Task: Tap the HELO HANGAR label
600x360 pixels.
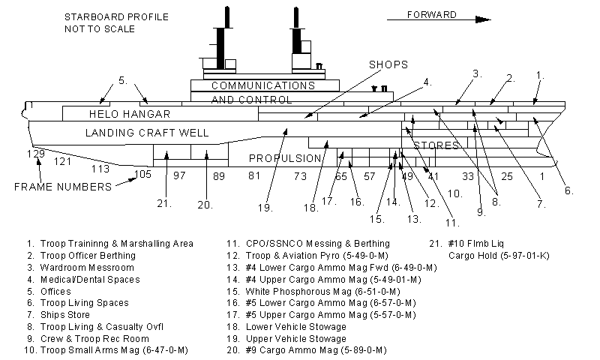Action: pyautogui.click(x=130, y=114)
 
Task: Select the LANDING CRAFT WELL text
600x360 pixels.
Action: pyautogui.click(x=146, y=133)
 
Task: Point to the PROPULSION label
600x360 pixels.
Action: pyautogui.click(x=285, y=158)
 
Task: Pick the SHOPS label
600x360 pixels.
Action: pyautogui.click(x=388, y=65)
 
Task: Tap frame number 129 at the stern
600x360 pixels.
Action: pyautogui.click(x=35, y=154)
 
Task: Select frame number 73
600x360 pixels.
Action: pyautogui.click(x=300, y=176)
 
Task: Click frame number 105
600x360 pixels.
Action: pyautogui.click(x=142, y=174)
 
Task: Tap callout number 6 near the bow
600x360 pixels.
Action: pyautogui.click(x=569, y=190)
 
